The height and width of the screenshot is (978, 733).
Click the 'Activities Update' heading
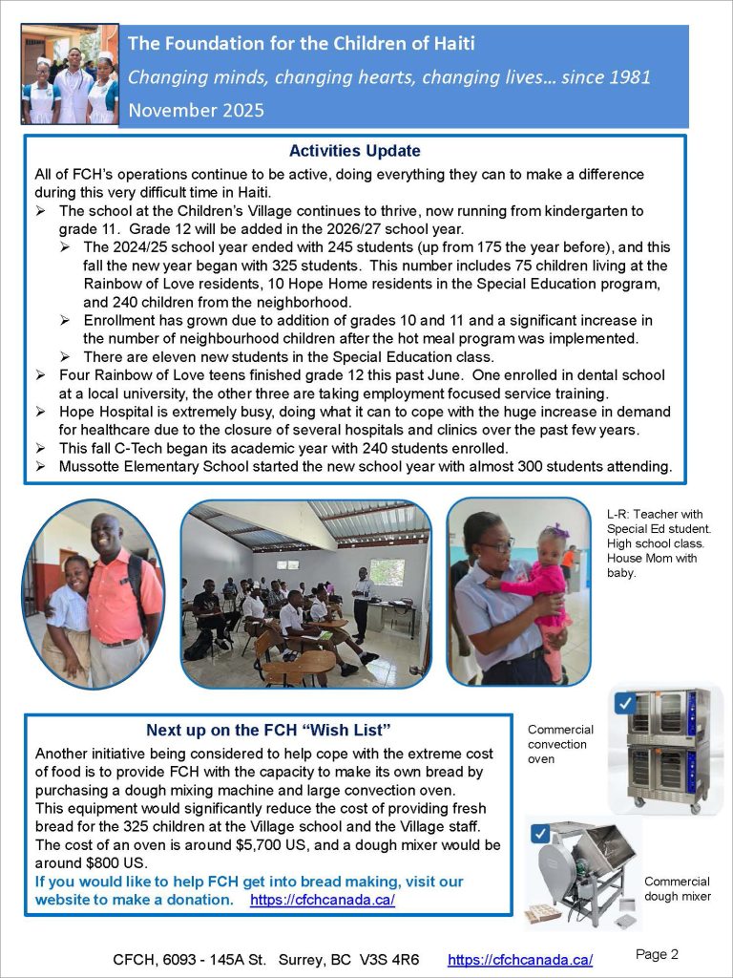[x=354, y=151]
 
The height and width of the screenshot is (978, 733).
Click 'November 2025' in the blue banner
[x=196, y=110]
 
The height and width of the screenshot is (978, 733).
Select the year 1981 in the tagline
[x=628, y=77]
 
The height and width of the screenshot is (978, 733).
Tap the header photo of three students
[x=71, y=76]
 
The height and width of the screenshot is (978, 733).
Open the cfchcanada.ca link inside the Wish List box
[x=323, y=900]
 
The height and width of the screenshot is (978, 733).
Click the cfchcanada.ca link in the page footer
[x=520, y=960]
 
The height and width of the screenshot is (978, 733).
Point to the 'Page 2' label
[x=657, y=954]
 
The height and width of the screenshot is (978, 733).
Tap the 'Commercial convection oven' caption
[x=560, y=744]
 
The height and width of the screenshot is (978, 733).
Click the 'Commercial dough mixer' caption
[x=677, y=888]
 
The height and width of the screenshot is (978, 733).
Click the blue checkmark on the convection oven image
[x=626, y=704]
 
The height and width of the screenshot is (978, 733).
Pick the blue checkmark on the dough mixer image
[x=541, y=834]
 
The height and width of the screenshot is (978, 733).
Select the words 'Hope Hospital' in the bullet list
[x=103, y=412]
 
